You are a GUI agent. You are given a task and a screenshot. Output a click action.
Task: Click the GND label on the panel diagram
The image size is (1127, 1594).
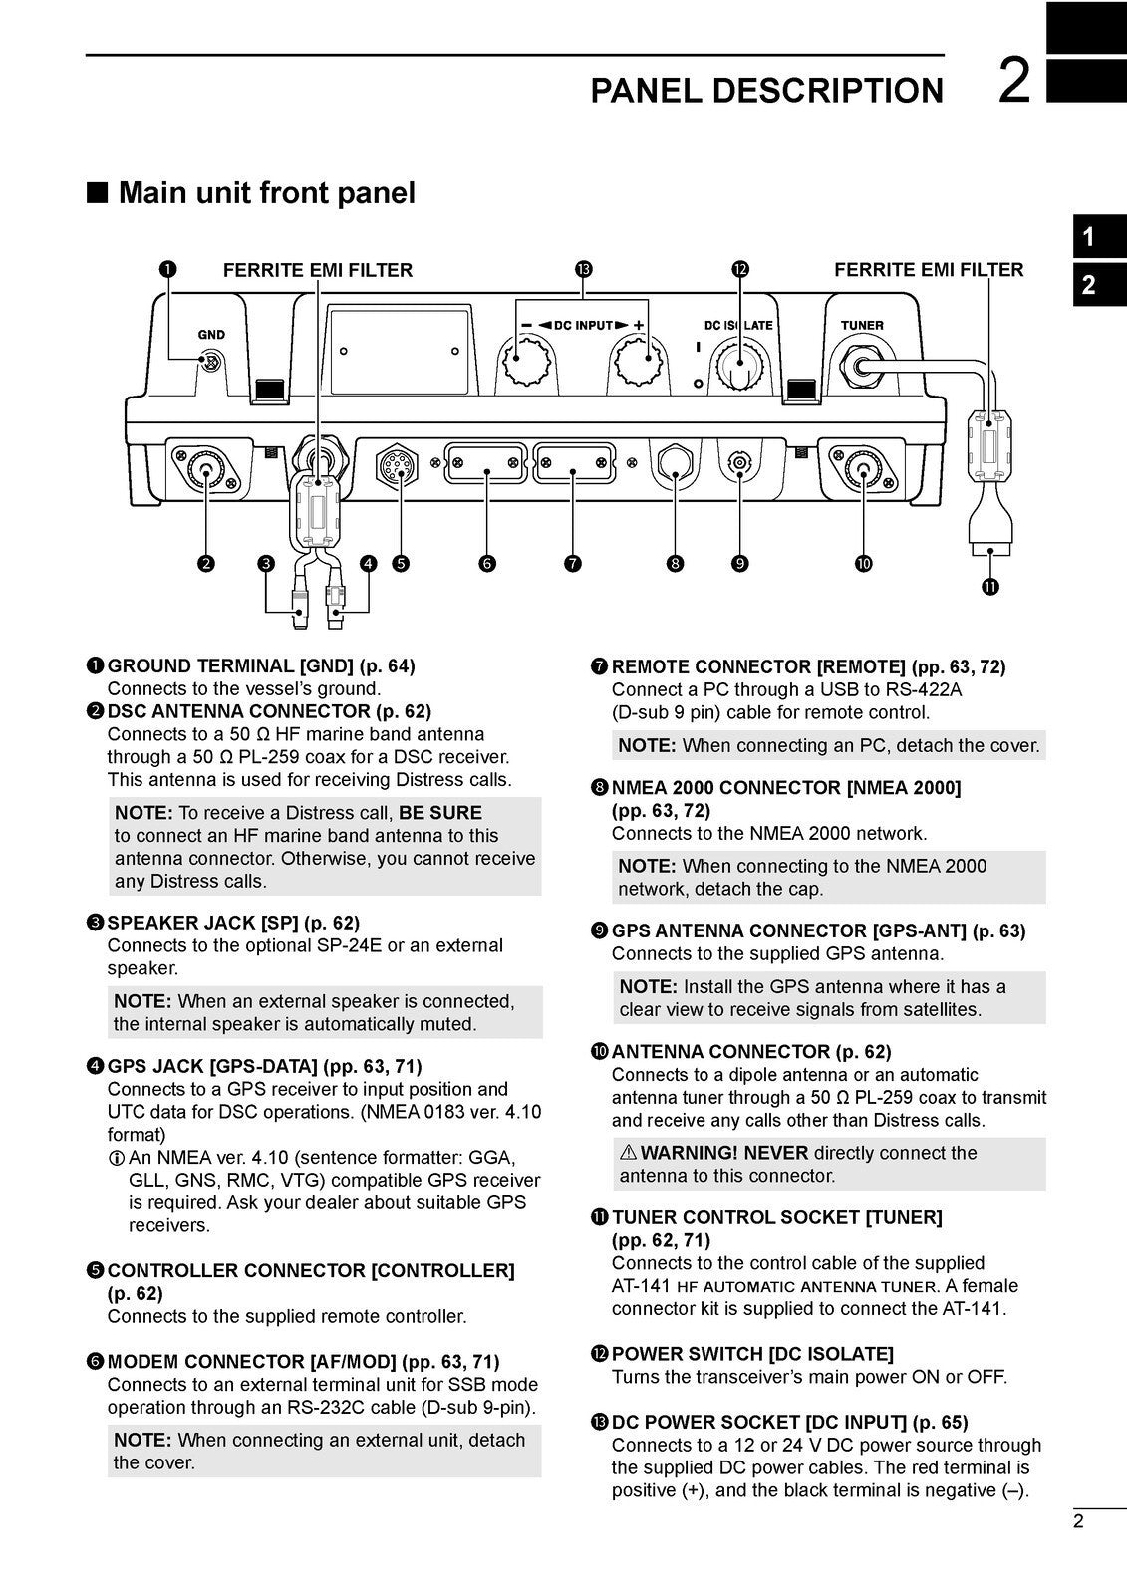coord(211,335)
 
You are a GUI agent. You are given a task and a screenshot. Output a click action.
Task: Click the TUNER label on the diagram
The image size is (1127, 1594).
coord(862,326)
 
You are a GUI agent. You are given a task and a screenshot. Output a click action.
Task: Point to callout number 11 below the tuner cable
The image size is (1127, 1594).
coord(988,587)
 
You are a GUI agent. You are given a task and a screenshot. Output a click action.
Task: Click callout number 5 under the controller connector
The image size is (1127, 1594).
coord(400,564)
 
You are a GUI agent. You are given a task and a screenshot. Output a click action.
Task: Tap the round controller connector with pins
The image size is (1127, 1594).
coord(399,466)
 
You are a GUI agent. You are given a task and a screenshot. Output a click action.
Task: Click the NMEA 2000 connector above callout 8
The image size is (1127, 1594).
coord(676,463)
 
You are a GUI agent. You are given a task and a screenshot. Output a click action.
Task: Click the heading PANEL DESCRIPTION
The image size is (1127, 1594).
coord(766,91)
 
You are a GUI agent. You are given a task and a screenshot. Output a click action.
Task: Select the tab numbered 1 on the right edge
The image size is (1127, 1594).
coord(1089,238)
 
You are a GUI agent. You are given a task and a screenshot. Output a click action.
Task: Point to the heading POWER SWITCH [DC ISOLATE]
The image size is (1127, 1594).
coord(752,1354)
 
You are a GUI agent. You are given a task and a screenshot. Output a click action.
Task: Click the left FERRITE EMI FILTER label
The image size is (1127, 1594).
coord(317,270)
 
